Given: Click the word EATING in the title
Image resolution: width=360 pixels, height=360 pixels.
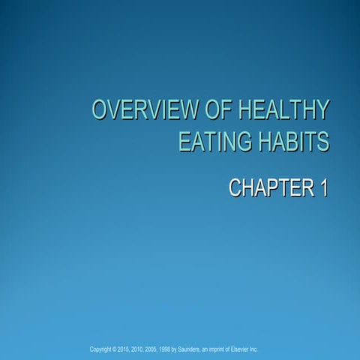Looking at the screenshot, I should pyautogui.click(x=210, y=142).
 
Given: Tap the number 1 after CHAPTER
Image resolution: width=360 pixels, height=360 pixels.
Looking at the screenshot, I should pyautogui.click(x=323, y=187).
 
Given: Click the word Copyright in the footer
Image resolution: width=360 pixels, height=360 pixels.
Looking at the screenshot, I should pyautogui.click(x=102, y=349).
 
